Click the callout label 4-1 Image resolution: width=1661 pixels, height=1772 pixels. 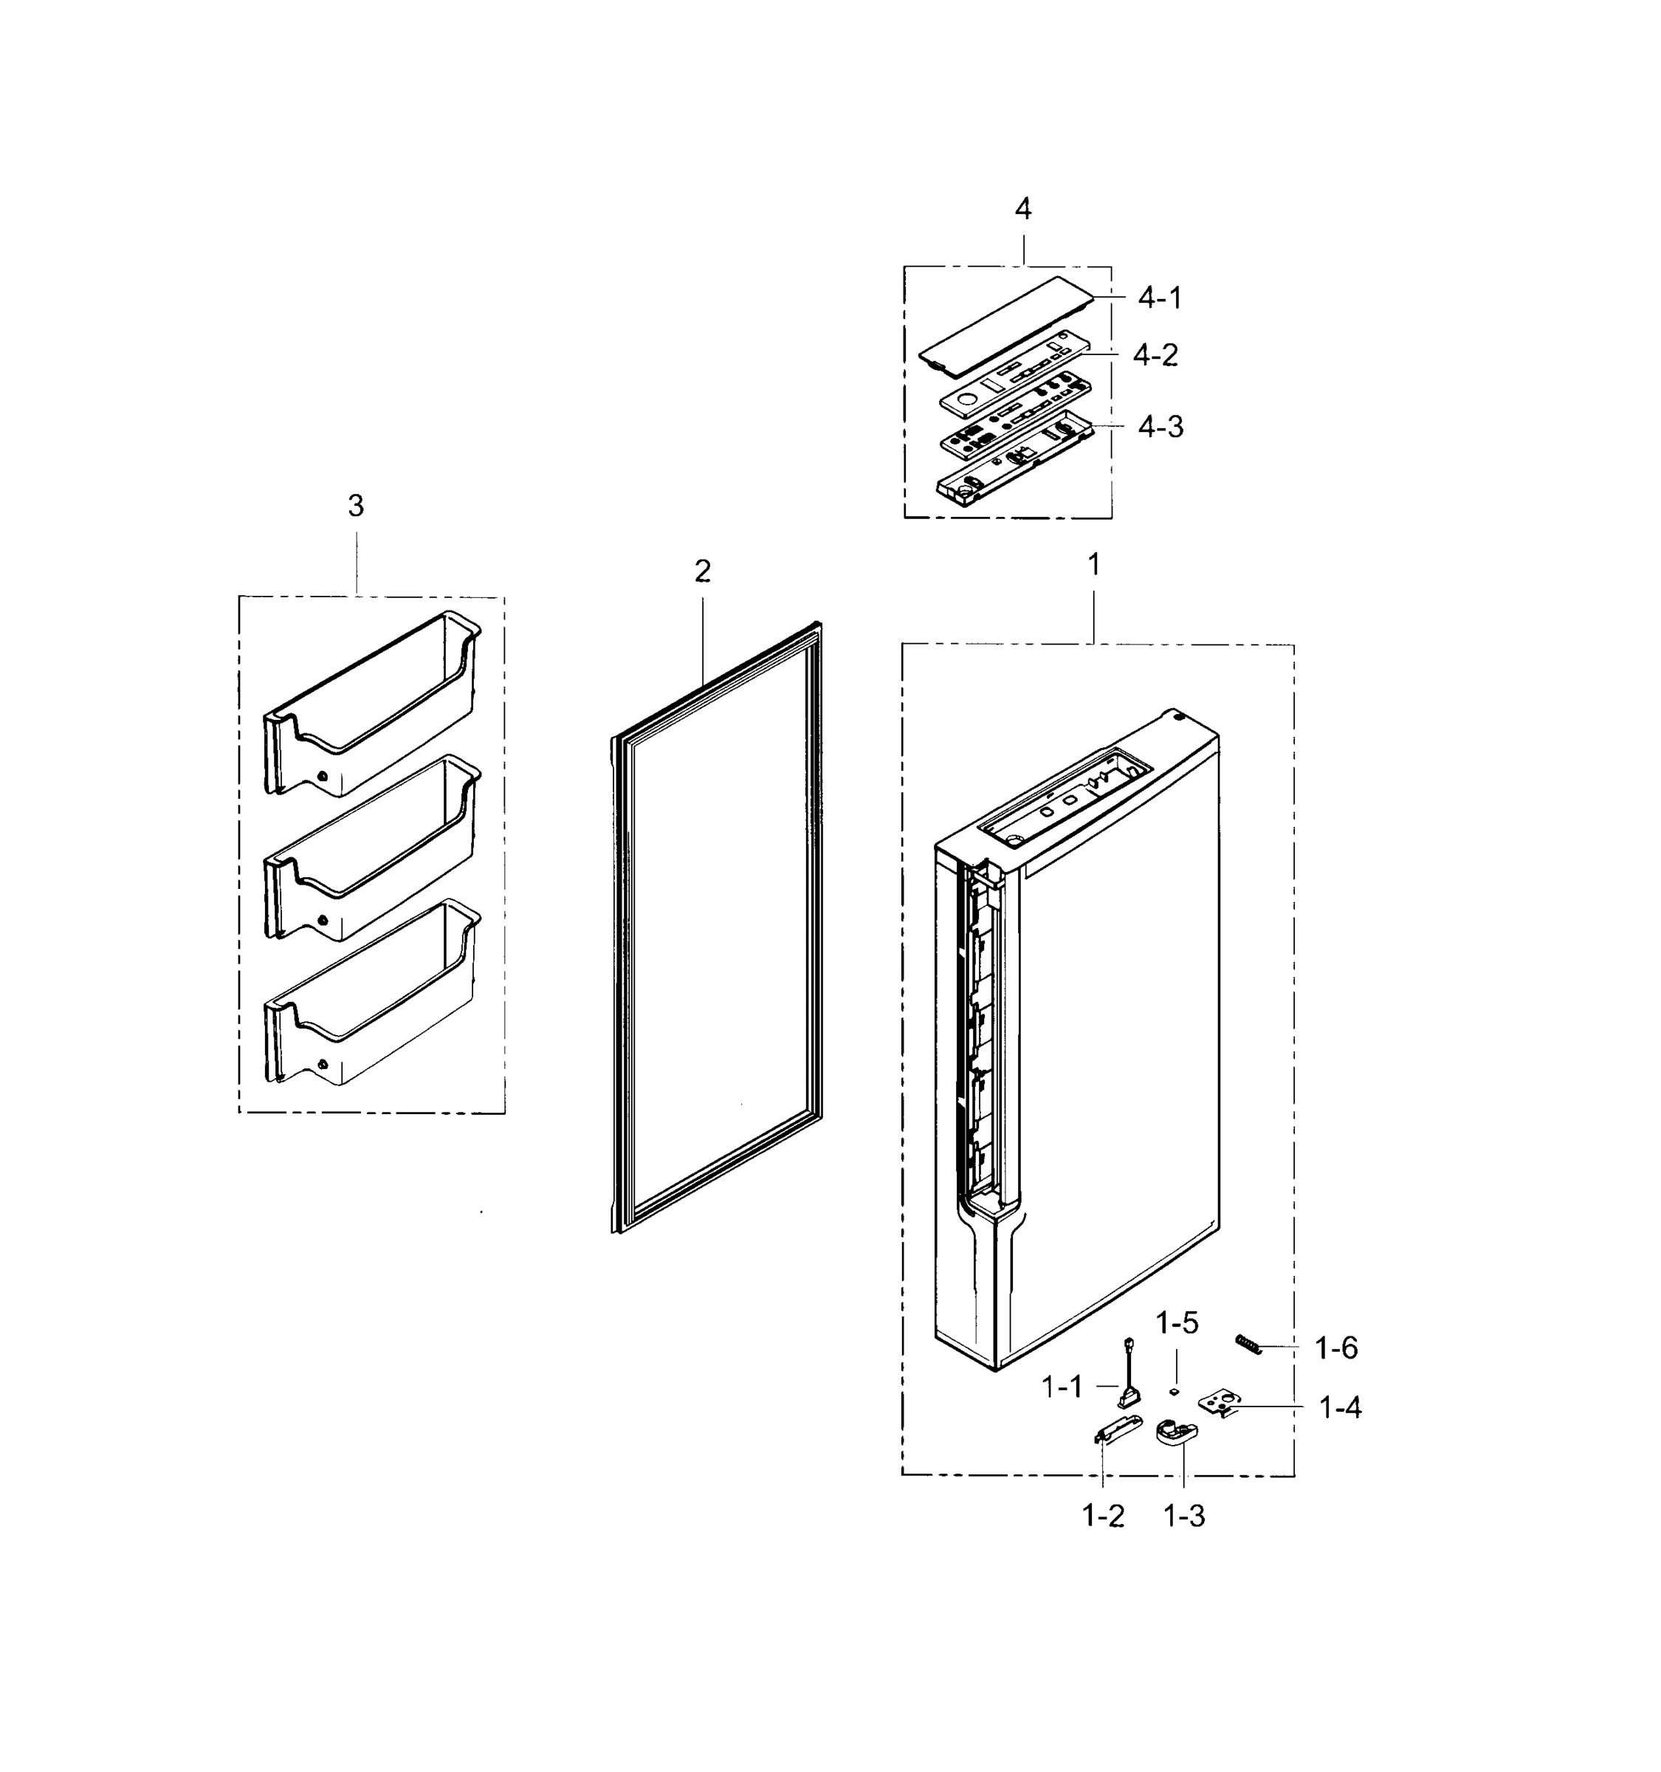[x=1159, y=298]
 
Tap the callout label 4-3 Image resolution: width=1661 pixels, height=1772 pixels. [x=1160, y=427]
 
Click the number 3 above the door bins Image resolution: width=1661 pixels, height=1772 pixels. [x=356, y=506]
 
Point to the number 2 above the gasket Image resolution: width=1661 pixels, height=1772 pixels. [x=702, y=572]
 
